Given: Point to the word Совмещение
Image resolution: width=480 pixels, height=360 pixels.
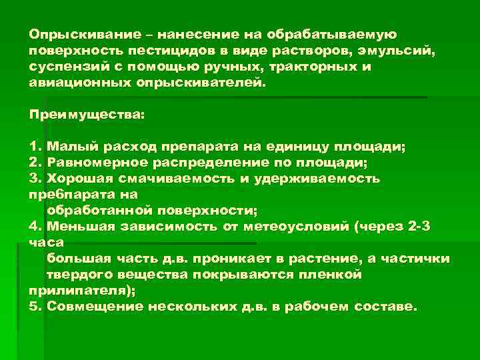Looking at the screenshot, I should pyautogui.click(x=89, y=307).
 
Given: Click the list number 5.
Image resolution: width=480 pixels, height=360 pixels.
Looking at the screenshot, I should pyautogui.click(x=34, y=307).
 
